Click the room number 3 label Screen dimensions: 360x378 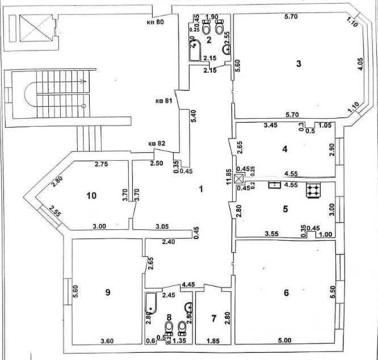coord(299,63)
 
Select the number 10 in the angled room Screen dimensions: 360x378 coord(92,195)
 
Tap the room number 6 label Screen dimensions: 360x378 coord(286,292)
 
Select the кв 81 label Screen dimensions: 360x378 coord(165,102)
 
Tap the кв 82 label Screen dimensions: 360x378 coord(157,144)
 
